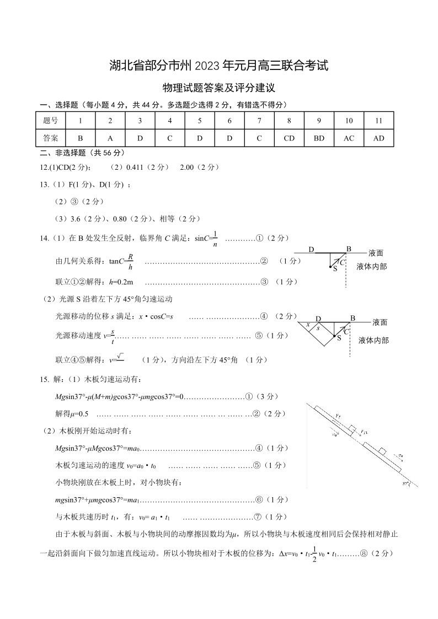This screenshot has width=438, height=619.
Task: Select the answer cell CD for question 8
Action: click(289, 138)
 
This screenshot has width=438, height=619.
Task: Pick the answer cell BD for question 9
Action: click(319, 138)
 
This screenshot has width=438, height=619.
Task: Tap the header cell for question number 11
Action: click(378, 120)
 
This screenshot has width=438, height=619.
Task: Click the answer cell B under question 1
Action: click(81, 138)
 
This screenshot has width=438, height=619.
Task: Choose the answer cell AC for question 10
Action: click(349, 138)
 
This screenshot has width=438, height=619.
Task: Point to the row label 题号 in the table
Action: click(50, 120)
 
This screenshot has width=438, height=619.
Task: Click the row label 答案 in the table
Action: click(50, 138)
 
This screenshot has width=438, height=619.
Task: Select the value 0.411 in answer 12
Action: click(136, 167)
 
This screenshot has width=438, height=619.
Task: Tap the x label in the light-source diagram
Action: click(308, 325)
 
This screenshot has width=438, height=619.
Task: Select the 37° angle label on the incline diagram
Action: click(407, 483)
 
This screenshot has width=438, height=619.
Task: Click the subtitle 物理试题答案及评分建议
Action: click(219, 88)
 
